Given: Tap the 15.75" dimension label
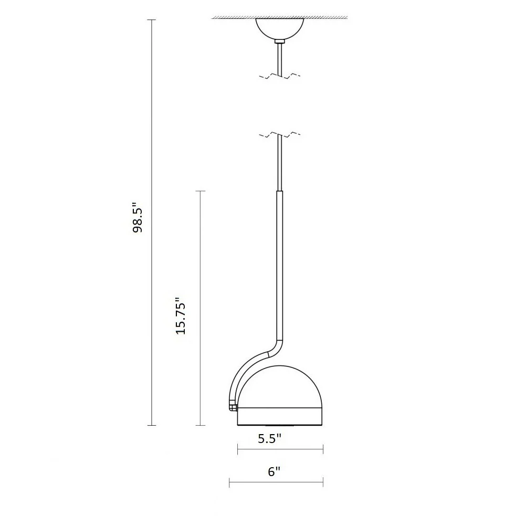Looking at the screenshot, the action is (x=181, y=316).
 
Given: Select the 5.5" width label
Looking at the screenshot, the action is (x=269, y=439).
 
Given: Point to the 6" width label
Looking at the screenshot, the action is (x=274, y=471).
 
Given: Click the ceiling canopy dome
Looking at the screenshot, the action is (x=279, y=29).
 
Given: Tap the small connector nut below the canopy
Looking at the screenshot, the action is (x=279, y=42).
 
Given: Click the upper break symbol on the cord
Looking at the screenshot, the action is (x=280, y=76).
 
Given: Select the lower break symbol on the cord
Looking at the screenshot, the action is (x=280, y=134).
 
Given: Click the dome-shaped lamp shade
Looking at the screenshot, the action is (x=280, y=386).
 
